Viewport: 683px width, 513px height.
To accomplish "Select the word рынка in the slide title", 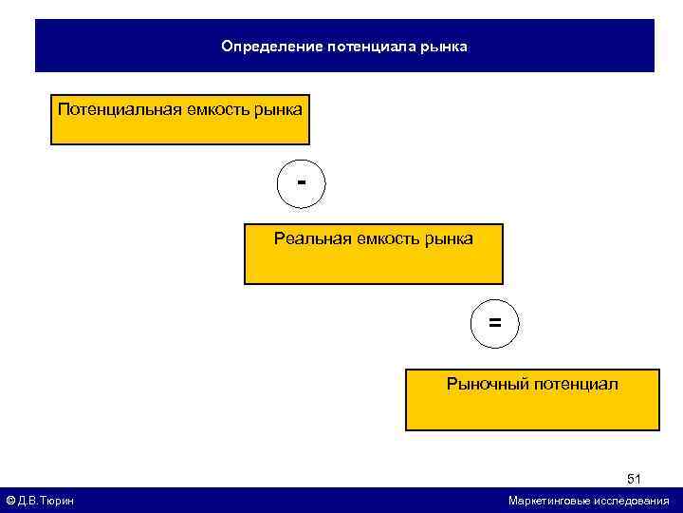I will click(x=443, y=46).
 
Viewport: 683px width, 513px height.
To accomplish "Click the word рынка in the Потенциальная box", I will click(x=280, y=109).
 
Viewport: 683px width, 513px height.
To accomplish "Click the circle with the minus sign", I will click(x=301, y=182).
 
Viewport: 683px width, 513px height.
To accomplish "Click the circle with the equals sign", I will click(x=495, y=324).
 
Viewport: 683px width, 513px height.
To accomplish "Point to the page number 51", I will click(x=634, y=479).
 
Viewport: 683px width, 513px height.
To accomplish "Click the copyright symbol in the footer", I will click(x=10, y=501).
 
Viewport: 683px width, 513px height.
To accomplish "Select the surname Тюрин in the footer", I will click(x=59, y=501).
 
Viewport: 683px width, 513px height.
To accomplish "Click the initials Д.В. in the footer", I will click(x=28, y=501).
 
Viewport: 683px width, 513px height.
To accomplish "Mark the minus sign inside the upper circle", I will click(x=301, y=180).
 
